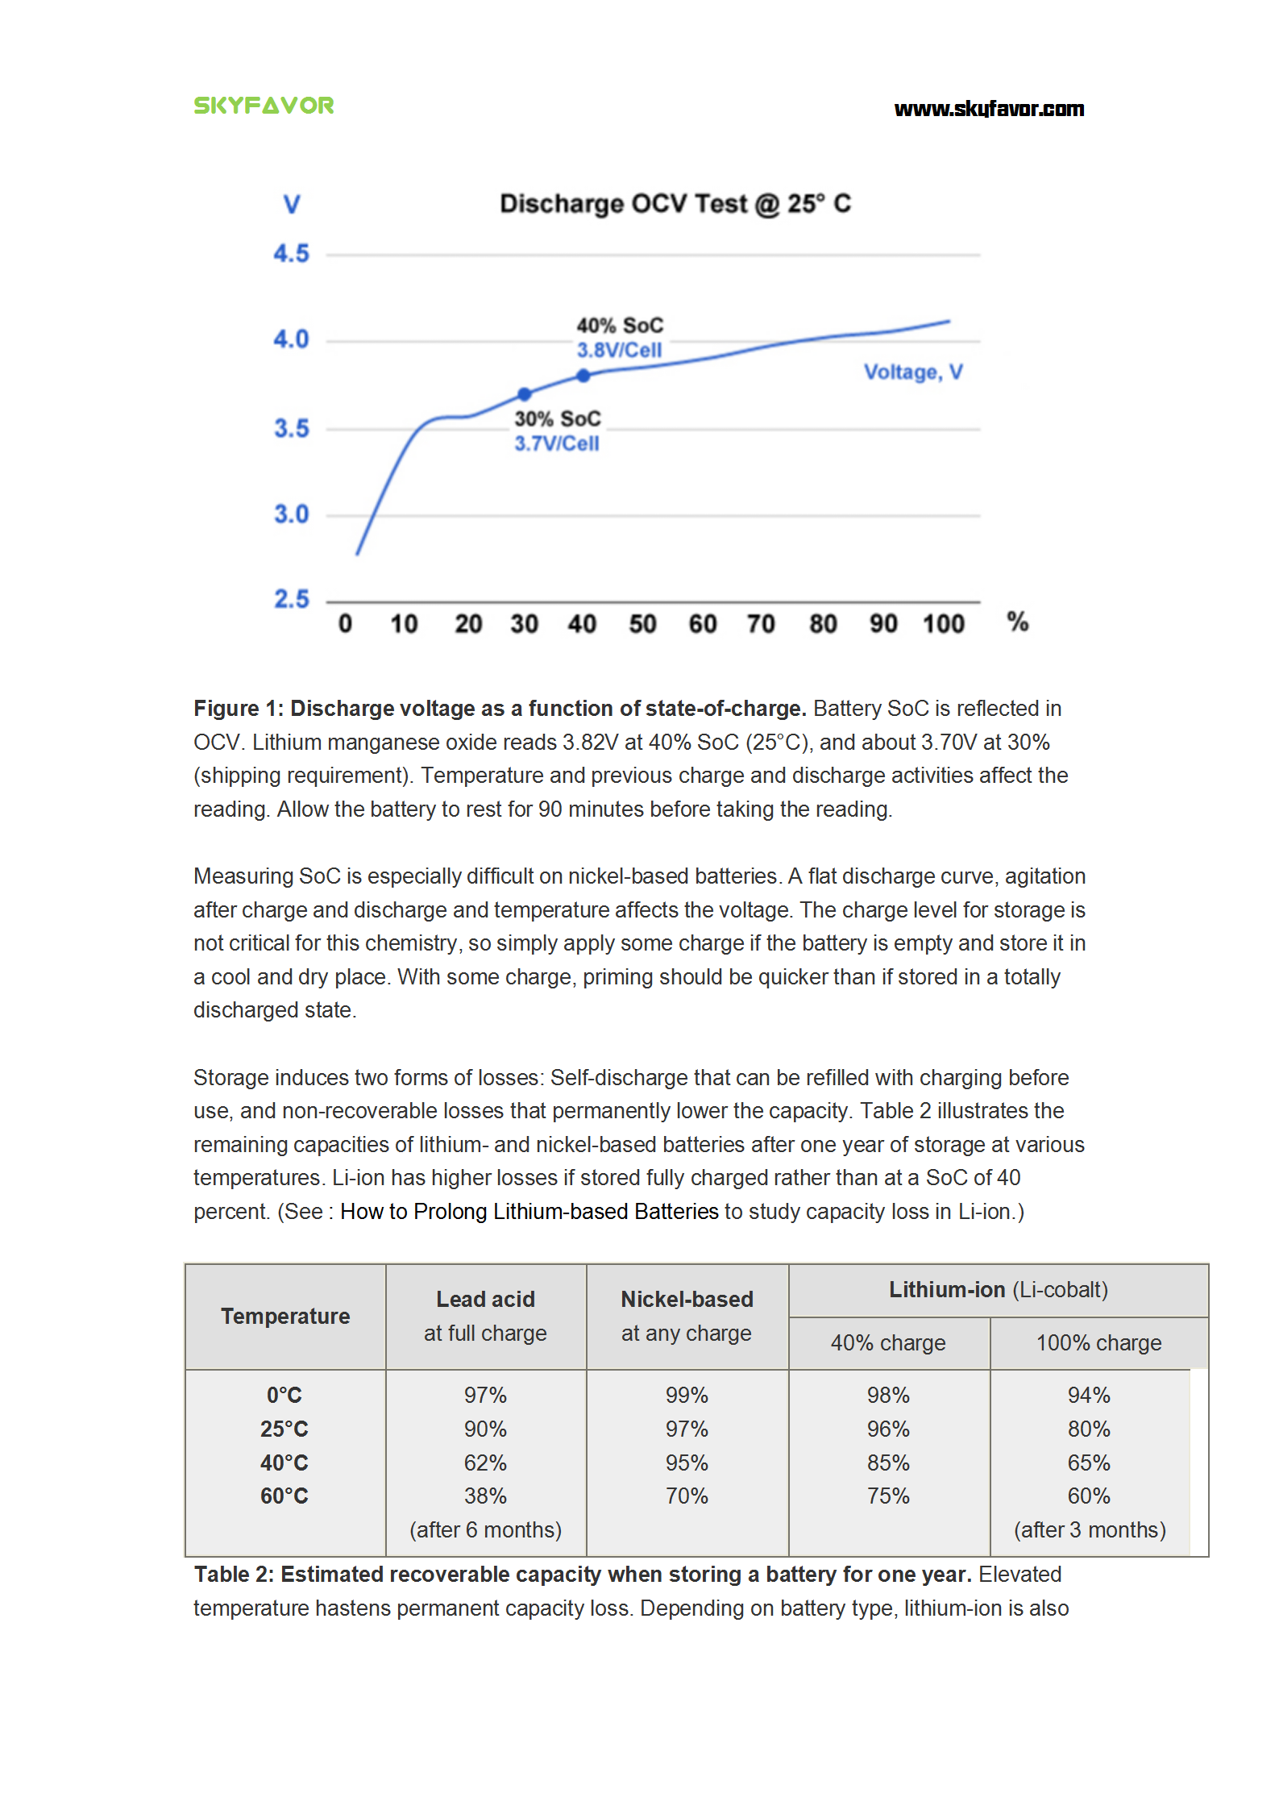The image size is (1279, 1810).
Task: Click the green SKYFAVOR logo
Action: pyautogui.click(x=264, y=106)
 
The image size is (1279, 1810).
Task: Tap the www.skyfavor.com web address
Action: pyautogui.click(x=988, y=109)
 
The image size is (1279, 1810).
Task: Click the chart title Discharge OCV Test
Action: pyautogui.click(x=675, y=203)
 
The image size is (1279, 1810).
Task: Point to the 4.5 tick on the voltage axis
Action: pyautogui.click(x=291, y=254)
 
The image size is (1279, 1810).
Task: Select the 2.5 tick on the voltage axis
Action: pyautogui.click(x=291, y=599)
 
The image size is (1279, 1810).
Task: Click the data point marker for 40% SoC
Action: pyautogui.click(x=583, y=375)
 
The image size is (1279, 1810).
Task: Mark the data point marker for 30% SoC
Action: pyautogui.click(x=525, y=394)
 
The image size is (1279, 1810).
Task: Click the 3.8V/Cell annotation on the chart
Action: pyautogui.click(x=619, y=350)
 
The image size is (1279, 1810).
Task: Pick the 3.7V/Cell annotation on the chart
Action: pyautogui.click(x=557, y=443)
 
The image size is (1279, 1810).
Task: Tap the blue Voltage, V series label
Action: pyautogui.click(x=912, y=372)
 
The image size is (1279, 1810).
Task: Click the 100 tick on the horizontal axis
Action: pyautogui.click(x=943, y=624)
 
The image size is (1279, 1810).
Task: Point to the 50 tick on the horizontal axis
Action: pyautogui.click(x=642, y=624)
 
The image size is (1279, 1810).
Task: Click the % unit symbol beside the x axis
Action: pyautogui.click(x=1017, y=622)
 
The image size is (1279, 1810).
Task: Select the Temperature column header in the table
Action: pyautogui.click(x=285, y=1316)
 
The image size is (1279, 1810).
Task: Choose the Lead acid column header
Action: pyautogui.click(x=485, y=1299)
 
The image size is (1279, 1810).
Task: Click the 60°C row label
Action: pyautogui.click(x=284, y=1496)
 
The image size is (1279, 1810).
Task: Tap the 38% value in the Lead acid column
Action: pyautogui.click(x=485, y=1496)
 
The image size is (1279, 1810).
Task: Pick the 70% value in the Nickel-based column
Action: pyautogui.click(x=687, y=1496)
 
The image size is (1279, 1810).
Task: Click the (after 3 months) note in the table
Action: pyautogui.click(x=1090, y=1529)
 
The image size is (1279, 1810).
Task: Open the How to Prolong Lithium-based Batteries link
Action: pyautogui.click(x=529, y=1211)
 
